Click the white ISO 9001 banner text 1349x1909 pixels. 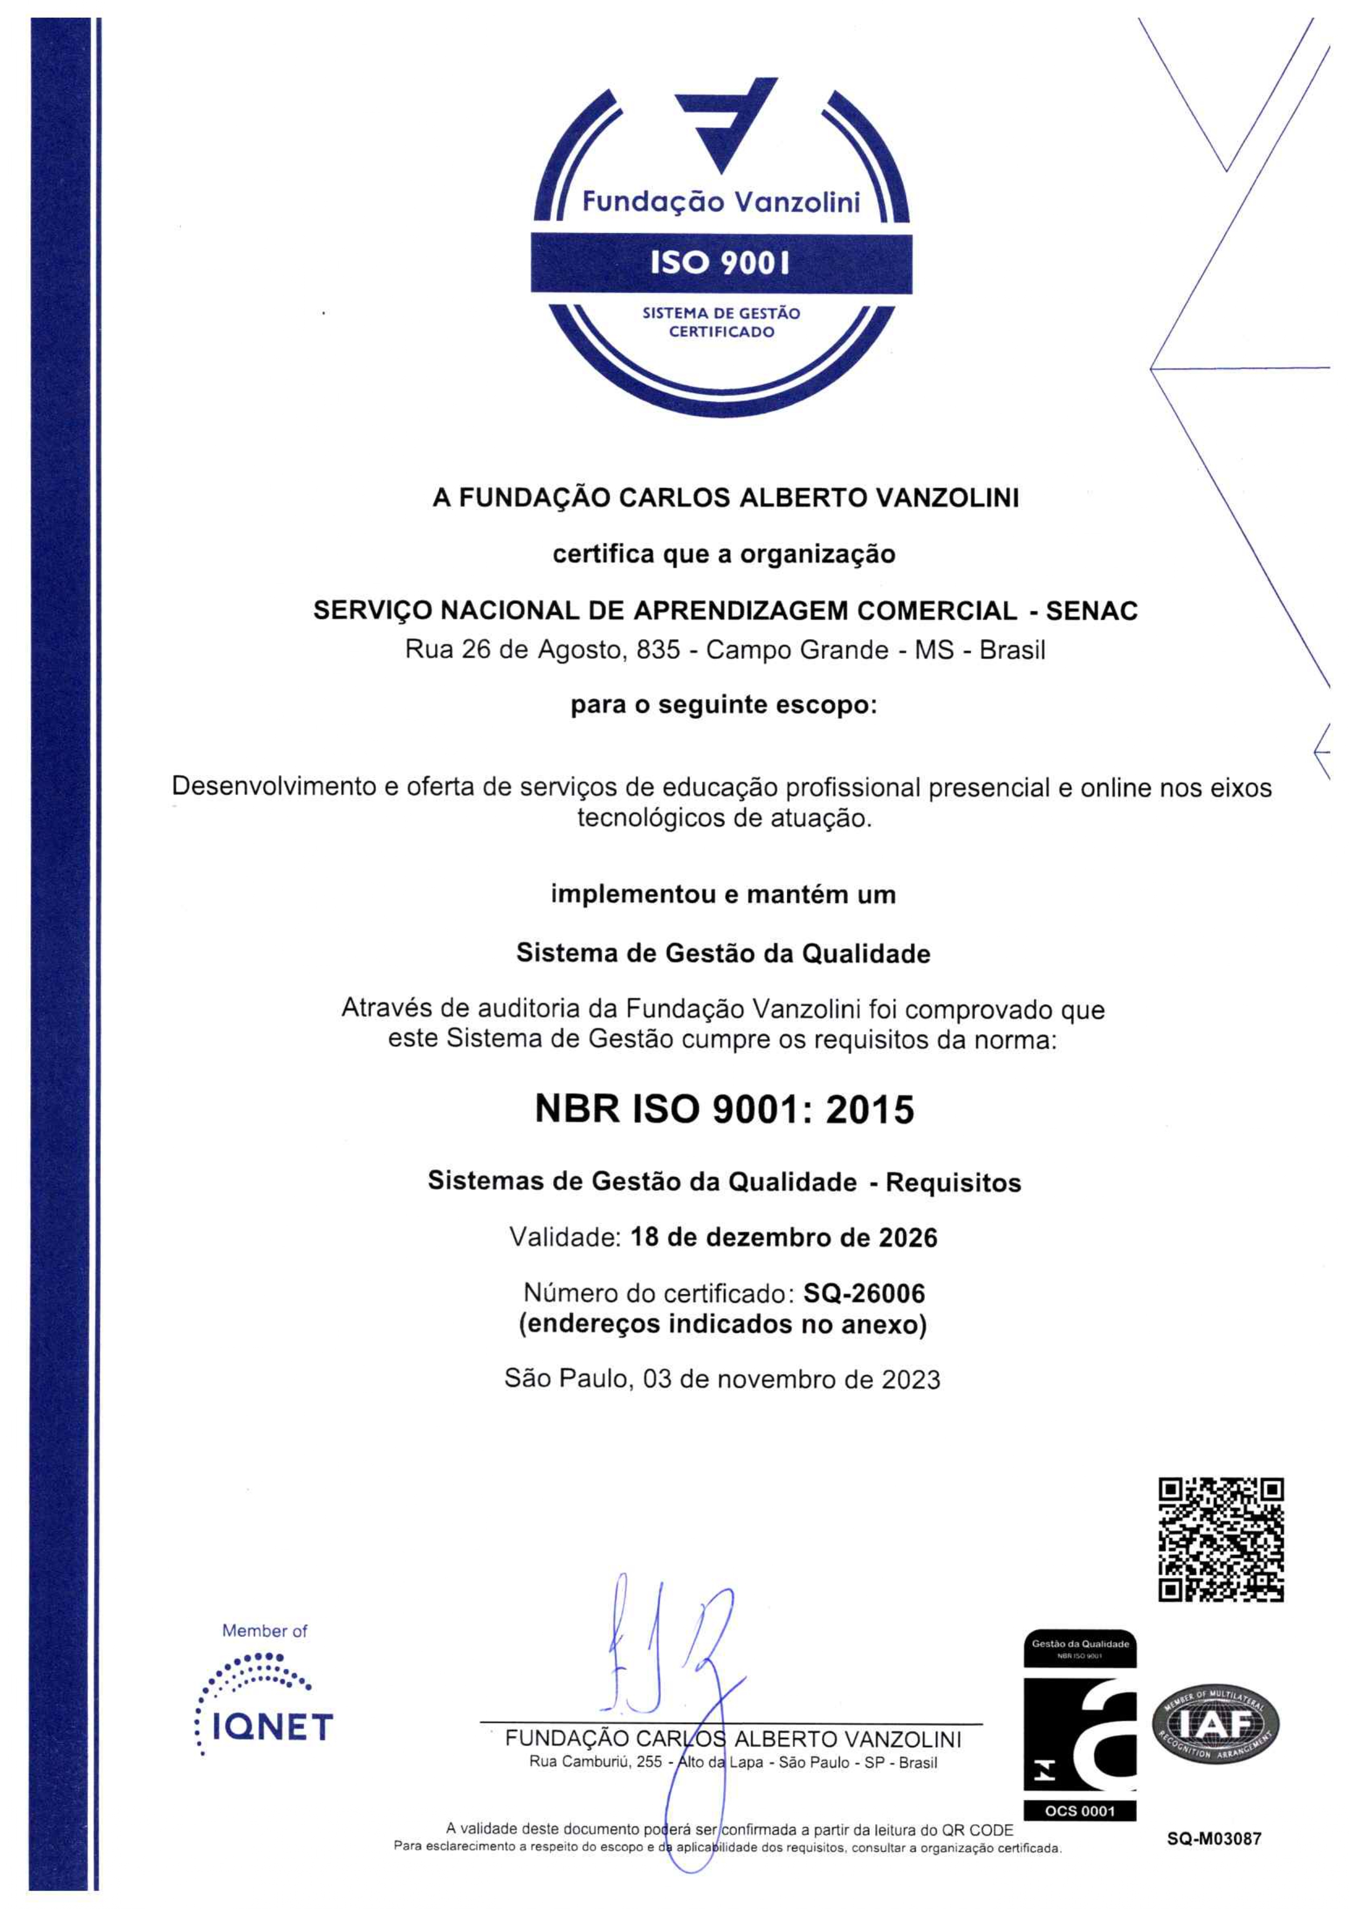720,263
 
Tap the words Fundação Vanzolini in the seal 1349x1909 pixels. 721,202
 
